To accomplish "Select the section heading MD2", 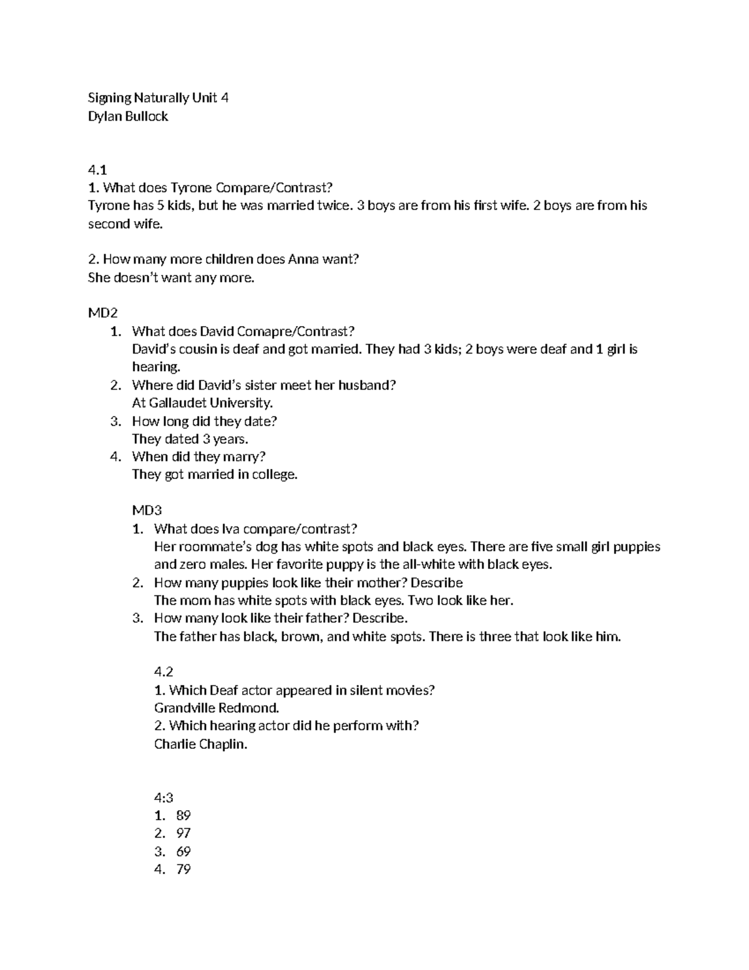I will (102, 313).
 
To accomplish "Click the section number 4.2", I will (163, 672).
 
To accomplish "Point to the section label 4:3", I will (163, 798).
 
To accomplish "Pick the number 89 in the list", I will (184, 816).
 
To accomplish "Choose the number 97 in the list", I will (184, 833).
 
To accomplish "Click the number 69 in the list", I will (184, 851).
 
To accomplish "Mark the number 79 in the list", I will (184, 869).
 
